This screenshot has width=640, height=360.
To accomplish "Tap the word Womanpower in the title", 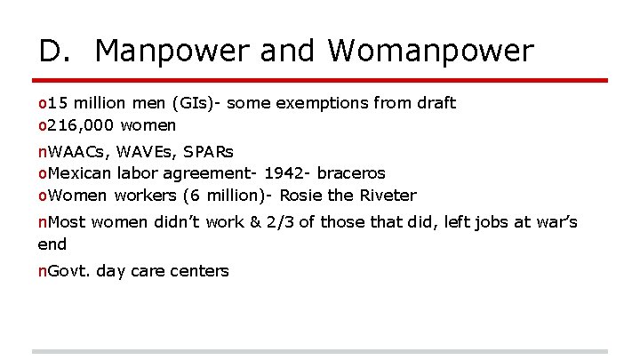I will (431, 52).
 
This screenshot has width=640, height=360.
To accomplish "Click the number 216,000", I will (80, 125).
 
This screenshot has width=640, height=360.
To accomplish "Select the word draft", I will (436, 103).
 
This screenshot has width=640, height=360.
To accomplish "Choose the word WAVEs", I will (143, 151).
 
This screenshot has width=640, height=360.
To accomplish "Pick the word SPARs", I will (208, 151).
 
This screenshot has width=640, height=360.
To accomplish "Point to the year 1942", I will (283, 172).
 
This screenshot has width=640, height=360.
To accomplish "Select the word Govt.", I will (68, 271).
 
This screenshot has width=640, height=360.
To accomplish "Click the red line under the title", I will (320, 80).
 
